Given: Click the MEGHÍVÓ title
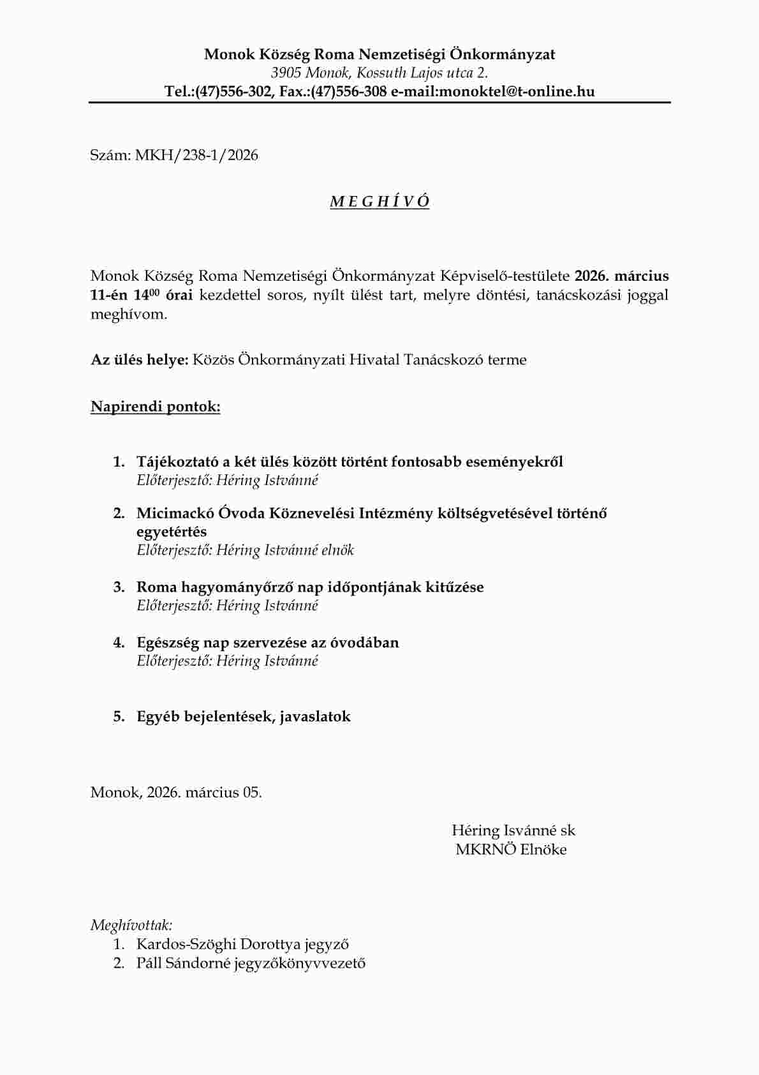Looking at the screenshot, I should (x=379, y=202).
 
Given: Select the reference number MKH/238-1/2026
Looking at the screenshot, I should (x=196, y=155).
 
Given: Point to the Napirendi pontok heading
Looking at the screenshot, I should (x=156, y=407).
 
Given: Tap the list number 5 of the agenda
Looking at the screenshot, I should (x=119, y=716).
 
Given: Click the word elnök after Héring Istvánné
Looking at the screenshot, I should (x=337, y=550).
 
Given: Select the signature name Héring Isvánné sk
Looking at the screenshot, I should (x=513, y=831).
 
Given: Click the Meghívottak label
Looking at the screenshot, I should (x=131, y=925).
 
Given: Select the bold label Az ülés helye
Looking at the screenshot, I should (x=139, y=359).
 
